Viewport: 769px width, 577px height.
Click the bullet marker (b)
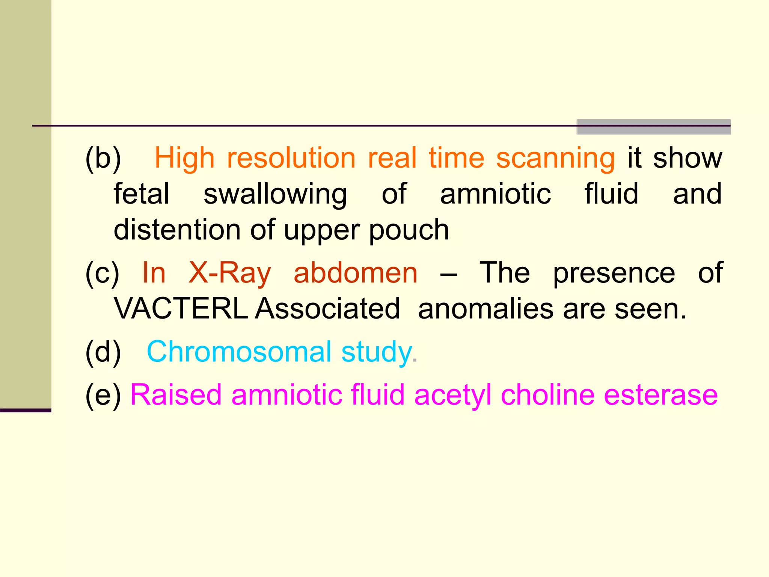click(x=103, y=158)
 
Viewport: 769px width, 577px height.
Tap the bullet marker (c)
click(x=102, y=273)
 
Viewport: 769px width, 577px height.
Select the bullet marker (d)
click(x=103, y=352)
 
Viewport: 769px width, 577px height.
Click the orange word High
click(x=184, y=158)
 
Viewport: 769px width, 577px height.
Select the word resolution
click(x=291, y=158)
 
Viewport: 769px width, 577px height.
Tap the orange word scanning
click(x=555, y=158)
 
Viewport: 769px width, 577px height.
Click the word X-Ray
click(x=229, y=273)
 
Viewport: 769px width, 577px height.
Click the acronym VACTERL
click(x=181, y=309)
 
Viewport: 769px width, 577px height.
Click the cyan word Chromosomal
click(x=239, y=352)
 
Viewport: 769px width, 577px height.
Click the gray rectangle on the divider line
click(x=653, y=127)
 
